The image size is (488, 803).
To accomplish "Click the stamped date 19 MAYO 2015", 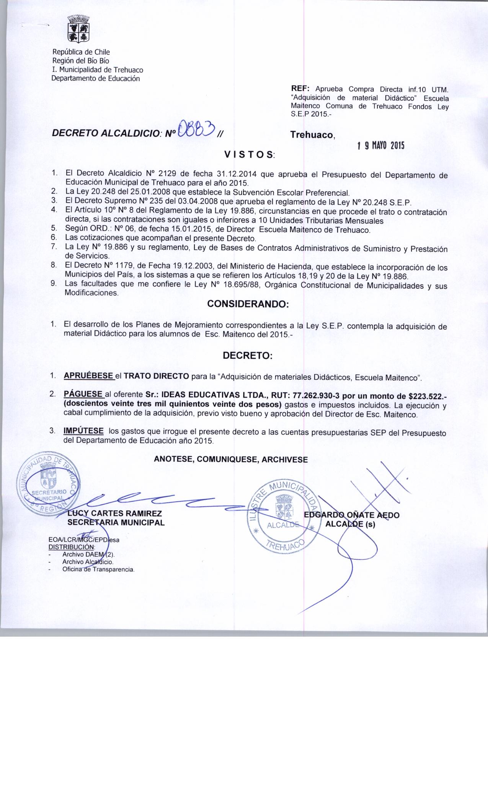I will click(x=380, y=146).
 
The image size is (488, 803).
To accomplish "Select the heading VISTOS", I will click(x=249, y=155).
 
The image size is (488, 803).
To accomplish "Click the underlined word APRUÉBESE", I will click(x=88, y=375).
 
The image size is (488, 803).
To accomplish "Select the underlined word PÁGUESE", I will click(x=83, y=394).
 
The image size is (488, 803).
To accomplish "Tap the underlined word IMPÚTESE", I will click(x=83, y=431).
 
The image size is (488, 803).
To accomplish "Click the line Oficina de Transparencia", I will click(x=98, y=569).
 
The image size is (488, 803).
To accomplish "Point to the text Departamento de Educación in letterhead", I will click(x=96, y=79).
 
